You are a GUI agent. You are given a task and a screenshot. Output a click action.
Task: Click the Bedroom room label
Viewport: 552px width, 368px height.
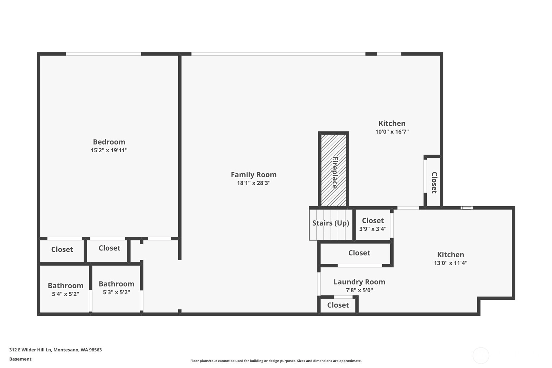click(109, 142)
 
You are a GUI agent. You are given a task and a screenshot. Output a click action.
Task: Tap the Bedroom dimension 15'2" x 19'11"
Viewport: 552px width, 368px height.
click(109, 150)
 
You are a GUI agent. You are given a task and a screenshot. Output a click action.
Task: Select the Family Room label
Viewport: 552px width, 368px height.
click(254, 175)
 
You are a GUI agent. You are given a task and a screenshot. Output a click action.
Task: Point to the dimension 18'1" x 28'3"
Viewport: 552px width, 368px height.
click(254, 183)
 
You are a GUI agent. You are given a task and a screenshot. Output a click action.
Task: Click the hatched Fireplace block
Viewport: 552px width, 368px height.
click(333, 170)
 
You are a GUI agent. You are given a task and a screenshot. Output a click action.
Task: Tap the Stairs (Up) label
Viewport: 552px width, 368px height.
click(331, 223)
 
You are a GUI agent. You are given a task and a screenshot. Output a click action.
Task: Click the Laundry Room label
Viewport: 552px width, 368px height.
click(359, 282)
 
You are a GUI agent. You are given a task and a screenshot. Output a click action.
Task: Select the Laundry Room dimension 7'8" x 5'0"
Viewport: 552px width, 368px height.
click(359, 290)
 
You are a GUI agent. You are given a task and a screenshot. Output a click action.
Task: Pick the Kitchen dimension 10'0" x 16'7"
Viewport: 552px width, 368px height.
click(392, 132)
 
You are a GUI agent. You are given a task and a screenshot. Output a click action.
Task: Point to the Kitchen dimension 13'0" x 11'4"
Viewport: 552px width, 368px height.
click(451, 263)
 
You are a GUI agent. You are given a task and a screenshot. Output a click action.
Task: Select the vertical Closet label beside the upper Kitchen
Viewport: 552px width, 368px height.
click(434, 183)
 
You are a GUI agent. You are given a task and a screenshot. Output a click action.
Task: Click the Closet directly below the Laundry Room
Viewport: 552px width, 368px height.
click(338, 305)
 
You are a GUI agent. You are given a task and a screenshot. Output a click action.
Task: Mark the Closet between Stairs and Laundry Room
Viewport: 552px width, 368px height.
click(359, 253)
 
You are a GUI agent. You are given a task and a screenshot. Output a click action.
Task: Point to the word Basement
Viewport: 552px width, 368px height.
click(20, 359)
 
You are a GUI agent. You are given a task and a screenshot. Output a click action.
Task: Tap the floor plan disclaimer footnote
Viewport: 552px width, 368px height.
click(276, 361)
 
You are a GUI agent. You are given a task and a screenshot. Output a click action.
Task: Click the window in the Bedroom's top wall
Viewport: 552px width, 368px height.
click(103, 54)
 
